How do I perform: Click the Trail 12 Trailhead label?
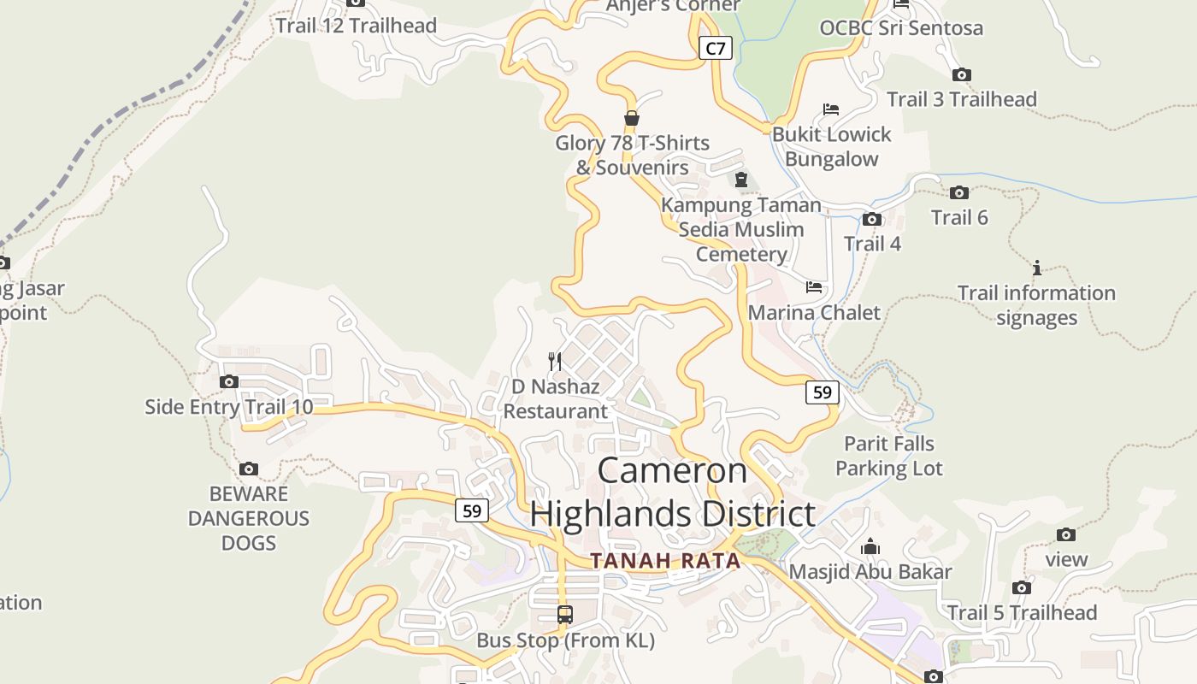(356, 26)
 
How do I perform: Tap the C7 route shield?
(715, 48)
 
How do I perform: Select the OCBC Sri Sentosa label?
(901, 28)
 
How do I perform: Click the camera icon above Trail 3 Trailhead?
(962, 75)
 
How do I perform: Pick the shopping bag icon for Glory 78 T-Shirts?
(632, 118)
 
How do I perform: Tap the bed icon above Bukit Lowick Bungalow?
(830, 109)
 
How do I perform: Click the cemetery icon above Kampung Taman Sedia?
(741, 180)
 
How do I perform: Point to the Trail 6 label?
(959, 217)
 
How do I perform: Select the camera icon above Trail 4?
(872, 220)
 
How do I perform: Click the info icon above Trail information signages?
(1036, 268)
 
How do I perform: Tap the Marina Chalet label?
(814, 312)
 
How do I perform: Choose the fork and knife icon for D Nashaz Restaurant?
(555, 362)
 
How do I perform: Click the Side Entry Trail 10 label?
(229, 406)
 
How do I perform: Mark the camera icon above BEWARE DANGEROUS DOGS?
(249, 469)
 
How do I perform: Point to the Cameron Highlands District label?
(673, 492)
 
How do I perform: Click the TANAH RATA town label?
(665, 561)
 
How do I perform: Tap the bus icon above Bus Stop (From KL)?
(565, 615)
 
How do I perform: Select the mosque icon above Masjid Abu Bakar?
(870, 546)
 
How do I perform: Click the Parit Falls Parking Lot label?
(889, 456)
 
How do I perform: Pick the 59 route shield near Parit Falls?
(822, 392)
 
